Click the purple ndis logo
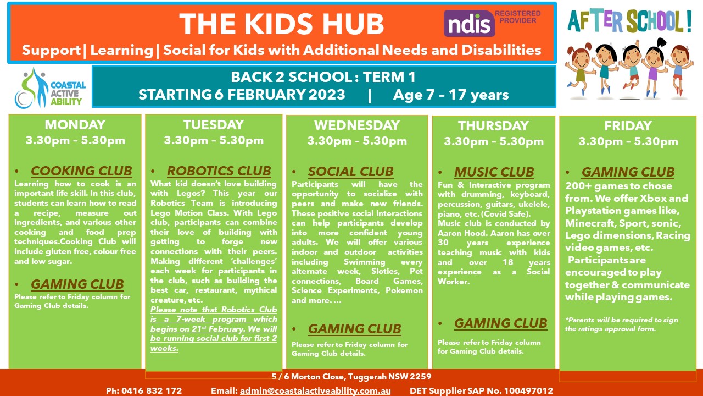click(469, 23)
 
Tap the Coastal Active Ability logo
click(50, 89)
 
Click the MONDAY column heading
click(75, 125)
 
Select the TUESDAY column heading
click(214, 125)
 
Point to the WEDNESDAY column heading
click(357, 125)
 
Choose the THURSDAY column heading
click(494, 126)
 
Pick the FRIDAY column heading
click(628, 126)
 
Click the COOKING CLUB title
click(81, 171)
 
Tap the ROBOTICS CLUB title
click(219, 171)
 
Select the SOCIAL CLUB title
click(350, 172)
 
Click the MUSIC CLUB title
click(494, 172)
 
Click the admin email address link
click(315, 391)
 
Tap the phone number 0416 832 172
click(152, 391)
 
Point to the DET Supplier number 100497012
click(528, 391)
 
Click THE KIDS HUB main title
click(282, 24)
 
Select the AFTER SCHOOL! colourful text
click(629, 21)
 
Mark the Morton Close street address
click(351, 377)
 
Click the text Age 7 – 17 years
click(451, 95)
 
